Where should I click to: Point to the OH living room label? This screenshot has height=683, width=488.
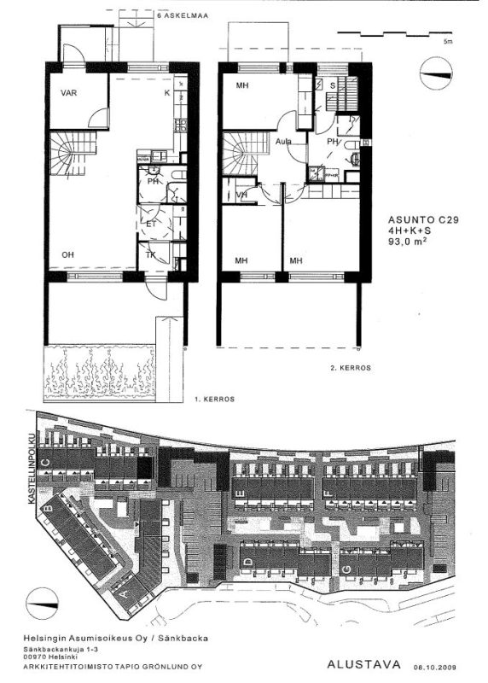click(x=67, y=254)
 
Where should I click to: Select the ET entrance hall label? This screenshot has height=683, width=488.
click(x=151, y=224)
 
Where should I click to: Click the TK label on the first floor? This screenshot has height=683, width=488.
click(x=150, y=254)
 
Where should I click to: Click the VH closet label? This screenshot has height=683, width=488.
click(x=242, y=195)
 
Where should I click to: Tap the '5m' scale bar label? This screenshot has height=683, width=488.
click(x=448, y=41)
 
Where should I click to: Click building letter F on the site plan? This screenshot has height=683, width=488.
click(x=327, y=493)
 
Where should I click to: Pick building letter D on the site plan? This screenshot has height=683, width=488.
click(x=247, y=561)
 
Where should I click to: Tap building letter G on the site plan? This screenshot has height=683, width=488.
click(x=346, y=568)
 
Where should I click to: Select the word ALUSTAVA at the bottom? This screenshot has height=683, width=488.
click(x=358, y=663)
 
